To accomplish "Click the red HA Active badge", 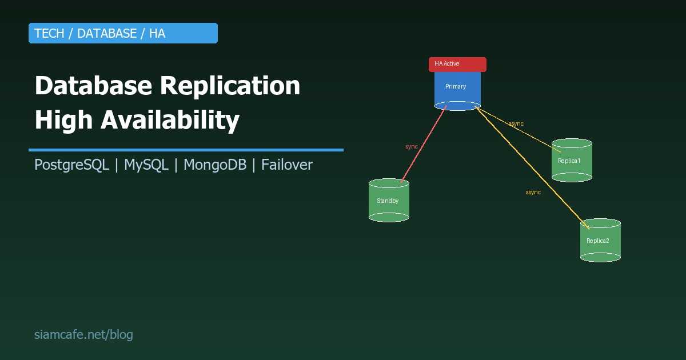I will tap(457, 64).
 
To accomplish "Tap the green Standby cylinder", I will tap(389, 201).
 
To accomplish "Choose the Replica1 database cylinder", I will tap(572, 161).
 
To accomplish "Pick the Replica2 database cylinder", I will tap(600, 241).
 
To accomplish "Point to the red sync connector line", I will tap(424, 143).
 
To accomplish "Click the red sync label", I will tap(412, 147).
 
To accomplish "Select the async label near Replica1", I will tap(516, 124).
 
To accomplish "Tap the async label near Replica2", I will tap(533, 193).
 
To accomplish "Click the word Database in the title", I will tap(93, 86).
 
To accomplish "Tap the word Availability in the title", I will tap(170, 121).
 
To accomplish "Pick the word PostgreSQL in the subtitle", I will tap(71, 165).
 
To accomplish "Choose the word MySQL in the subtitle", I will tap(146, 165).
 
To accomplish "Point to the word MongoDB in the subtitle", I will tap(215, 165).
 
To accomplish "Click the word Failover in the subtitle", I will tap(287, 165).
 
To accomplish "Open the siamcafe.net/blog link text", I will tap(83, 335).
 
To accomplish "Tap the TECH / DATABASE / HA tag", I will tap(123, 33).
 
